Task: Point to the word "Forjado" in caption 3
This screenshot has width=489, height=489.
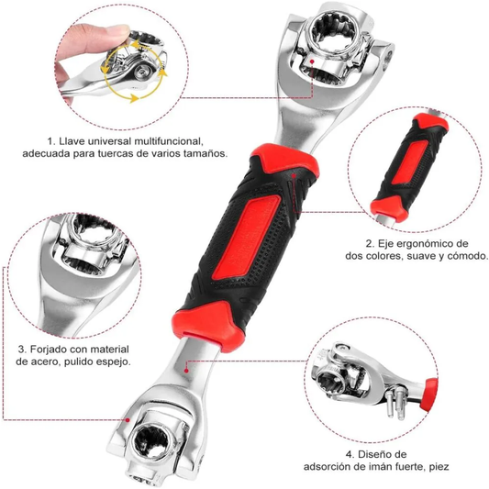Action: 49,350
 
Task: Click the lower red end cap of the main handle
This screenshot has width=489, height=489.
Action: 207,326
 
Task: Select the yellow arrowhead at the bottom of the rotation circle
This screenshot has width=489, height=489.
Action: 134,98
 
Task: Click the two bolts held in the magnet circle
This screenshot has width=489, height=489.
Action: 395,403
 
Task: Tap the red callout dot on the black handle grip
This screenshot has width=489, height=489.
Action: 294,175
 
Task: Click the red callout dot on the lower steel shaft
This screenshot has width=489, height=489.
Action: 186,371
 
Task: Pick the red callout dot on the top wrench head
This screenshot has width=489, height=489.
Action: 312,62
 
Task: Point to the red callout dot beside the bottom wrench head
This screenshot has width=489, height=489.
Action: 128,420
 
